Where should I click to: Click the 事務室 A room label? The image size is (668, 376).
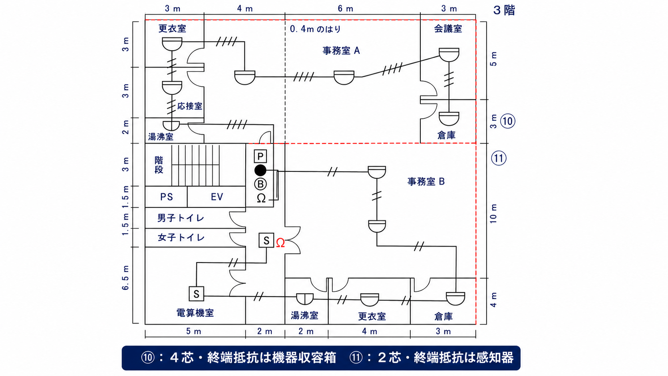tap(341, 51)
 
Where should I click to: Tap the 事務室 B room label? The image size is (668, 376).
tap(426, 181)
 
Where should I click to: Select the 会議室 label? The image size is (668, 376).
tap(448, 29)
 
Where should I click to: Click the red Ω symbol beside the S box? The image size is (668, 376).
tap(280, 243)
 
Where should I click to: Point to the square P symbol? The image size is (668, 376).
tap(260, 156)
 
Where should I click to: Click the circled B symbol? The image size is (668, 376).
tap(260, 184)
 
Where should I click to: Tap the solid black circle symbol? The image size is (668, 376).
tap(260, 170)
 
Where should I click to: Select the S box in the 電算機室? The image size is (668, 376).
tap(196, 294)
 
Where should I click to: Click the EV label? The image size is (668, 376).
tap(217, 197)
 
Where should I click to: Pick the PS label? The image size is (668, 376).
tap(167, 197)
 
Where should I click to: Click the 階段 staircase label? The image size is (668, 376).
tap(159, 165)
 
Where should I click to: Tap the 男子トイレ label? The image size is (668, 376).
tap(181, 218)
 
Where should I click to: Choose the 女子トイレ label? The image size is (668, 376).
tap(181, 238)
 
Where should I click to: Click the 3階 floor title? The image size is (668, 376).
tap(504, 10)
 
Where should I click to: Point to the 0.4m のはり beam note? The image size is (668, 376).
tap(315, 29)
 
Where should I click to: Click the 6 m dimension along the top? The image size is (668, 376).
tap(345, 9)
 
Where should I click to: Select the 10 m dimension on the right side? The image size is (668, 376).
tap(494, 214)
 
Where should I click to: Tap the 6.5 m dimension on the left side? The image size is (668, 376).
tap(125, 278)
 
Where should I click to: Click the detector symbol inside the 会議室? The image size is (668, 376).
tap(449, 55)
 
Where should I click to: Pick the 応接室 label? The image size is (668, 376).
tap(190, 106)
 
